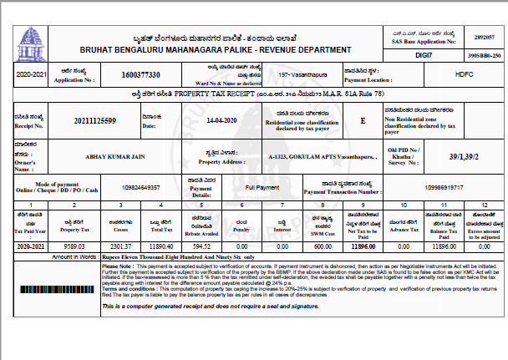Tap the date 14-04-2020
point(224,121)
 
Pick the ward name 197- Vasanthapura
point(281,75)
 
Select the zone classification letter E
point(363,120)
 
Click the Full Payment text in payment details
point(262,189)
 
